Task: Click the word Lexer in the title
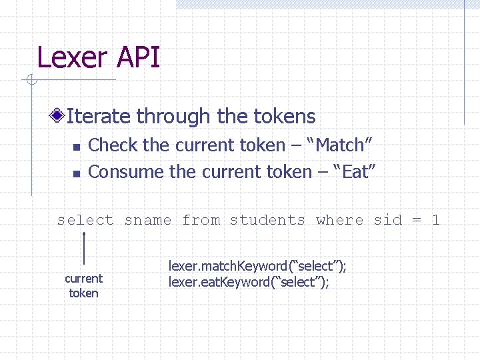[73, 57]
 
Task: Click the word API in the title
[138, 57]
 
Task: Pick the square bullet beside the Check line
[76, 146]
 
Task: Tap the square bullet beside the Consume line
[76, 173]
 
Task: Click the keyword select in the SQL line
[85, 220]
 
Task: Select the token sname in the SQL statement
[147, 220]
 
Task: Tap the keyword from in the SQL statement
[201, 220]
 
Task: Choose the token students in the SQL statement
[267, 220]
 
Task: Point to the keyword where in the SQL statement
[340, 220]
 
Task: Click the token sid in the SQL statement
[388, 220]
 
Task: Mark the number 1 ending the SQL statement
[436, 220]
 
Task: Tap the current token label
[83, 285]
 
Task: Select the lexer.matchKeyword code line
[257, 267]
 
